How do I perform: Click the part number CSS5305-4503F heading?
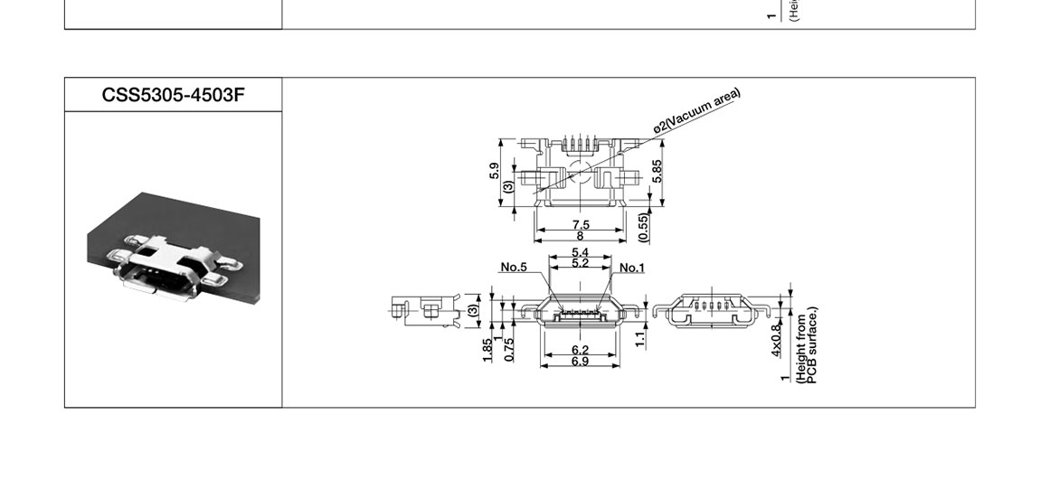173,95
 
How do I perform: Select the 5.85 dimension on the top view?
657,172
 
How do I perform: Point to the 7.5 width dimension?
581,224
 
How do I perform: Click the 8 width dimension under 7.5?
581,236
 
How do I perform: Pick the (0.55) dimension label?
643,227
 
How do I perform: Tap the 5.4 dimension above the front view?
581,252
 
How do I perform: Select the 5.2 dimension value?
581,263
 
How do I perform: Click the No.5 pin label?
514,267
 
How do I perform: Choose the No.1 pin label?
632,268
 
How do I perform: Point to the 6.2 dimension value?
581,350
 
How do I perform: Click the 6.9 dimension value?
581,362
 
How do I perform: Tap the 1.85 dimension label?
488,348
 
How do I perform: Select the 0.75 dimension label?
508,348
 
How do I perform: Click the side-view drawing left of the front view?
425,309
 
